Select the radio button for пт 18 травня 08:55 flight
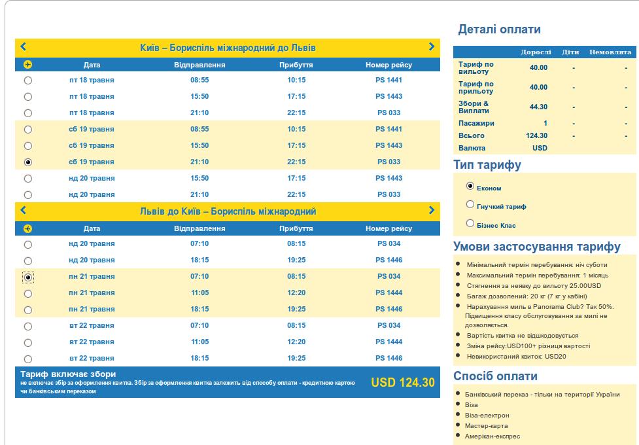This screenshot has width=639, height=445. [27, 80]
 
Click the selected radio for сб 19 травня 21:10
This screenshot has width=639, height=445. [27, 162]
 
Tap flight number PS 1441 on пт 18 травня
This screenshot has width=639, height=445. [389, 80]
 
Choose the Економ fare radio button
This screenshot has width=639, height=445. [470, 186]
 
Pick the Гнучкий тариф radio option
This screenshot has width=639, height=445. [470, 204]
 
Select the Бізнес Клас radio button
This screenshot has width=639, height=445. [470, 223]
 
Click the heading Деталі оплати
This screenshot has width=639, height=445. [499, 29]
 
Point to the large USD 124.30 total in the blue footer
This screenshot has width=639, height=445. [402, 383]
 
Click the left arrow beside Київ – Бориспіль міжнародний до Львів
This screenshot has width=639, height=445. [24, 46]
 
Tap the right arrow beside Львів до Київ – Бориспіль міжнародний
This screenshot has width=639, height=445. [432, 210]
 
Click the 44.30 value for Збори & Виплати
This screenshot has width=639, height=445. [538, 107]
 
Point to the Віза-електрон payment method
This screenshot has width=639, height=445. [487, 416]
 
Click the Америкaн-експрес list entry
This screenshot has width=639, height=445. [492, 436]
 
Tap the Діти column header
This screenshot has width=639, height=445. [570, 52]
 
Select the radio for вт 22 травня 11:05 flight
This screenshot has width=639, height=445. [27, 342]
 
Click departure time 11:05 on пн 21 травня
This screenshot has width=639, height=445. [199, 293]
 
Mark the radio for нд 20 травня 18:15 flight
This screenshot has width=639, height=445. [27, 260]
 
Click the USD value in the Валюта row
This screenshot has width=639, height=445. [540, 148]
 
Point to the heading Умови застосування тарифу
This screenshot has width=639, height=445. [537, 247]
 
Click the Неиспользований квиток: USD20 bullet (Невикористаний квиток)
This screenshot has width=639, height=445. [516, 357]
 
